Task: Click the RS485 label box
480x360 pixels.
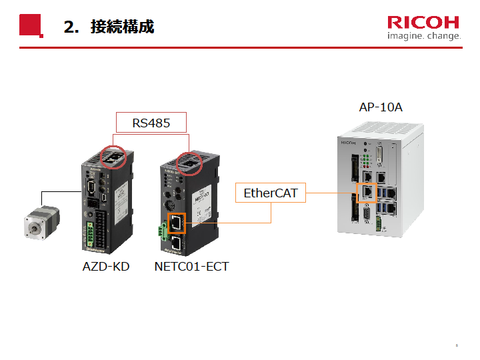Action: tap(151, 123)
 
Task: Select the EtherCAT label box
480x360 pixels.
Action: tap(271, 194)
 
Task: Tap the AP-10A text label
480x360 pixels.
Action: tap(381, 107)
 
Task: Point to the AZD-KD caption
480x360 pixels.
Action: tap(106, 267)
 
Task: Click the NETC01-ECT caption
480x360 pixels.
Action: tap(191, 267)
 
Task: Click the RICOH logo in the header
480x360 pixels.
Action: tap(424, 22)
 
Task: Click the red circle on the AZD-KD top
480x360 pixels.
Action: tap(113, 157)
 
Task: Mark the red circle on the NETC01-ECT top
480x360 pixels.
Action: tap(191, 161)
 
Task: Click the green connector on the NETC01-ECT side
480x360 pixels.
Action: tap(162, 231)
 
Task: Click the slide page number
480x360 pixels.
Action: tap(457, 345)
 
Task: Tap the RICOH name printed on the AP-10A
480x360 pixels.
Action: tap(349, 142)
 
